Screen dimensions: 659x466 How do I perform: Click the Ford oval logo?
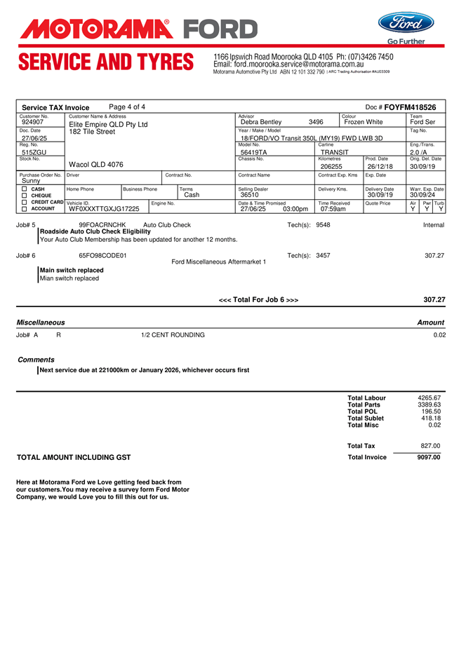(x=411, y=23)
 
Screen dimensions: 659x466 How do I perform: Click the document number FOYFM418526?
(x=410, y=107)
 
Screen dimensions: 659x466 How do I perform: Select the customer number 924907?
(x=33, y=122)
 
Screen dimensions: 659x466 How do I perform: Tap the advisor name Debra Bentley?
(x=261, y=122)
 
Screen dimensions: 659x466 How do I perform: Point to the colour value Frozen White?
(x=364, y=122)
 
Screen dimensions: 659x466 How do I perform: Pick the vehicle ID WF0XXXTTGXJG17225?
(x=104, y=208)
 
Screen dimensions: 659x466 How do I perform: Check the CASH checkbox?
(x=24, y=189)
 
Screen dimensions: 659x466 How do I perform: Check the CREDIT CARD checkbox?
(x=24, y=202)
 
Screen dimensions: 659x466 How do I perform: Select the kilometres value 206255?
(x=331, y=166)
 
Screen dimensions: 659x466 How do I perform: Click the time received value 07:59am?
(x=333, y=208)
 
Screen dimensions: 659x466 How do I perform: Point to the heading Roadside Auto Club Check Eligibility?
(x=95, y=231)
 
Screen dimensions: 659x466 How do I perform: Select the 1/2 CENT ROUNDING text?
(x=173, y=335)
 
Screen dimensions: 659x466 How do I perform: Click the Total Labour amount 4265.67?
(x=429, y=398)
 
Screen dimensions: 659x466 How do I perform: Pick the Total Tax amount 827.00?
(x=430, y=446)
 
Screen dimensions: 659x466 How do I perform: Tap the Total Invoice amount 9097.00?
(x=429, y=457)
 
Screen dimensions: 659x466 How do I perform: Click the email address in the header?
(x=288, y=64)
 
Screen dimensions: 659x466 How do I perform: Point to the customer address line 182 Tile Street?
(x=92, y=132)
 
